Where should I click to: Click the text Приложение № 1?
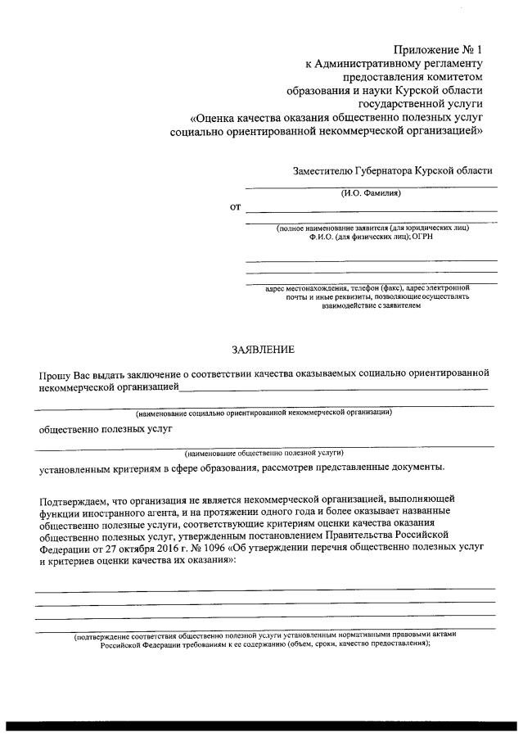coord(440,49)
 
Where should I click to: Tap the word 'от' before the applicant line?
coord(235,207)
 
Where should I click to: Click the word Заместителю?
coord(322,171)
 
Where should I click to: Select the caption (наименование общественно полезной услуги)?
coord(263,452)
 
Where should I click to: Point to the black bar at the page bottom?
coord(261,725)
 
